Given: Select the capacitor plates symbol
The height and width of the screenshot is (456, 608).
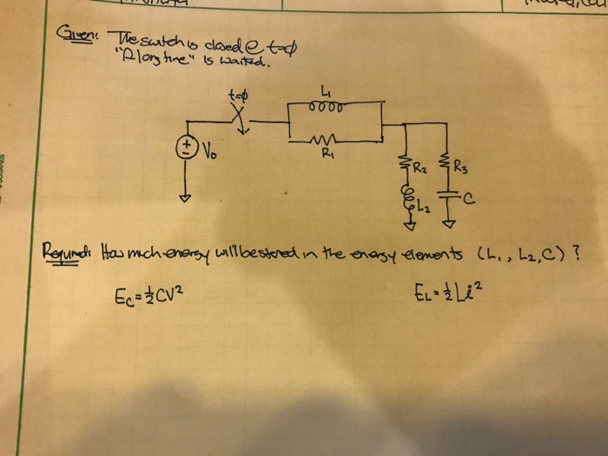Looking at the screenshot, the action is click(448, 199).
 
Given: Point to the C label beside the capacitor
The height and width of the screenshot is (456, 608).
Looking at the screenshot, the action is click(468, 200).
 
